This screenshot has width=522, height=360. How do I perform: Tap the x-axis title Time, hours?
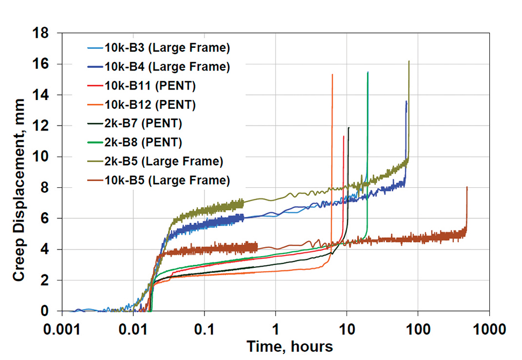coord(290,347)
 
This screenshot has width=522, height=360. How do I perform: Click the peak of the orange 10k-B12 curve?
coord(332,74)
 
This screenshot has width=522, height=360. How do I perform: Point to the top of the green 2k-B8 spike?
coord(368,72)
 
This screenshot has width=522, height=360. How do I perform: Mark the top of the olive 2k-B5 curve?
coord(409,62)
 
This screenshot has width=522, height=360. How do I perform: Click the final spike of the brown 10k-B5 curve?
coord(467,188)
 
